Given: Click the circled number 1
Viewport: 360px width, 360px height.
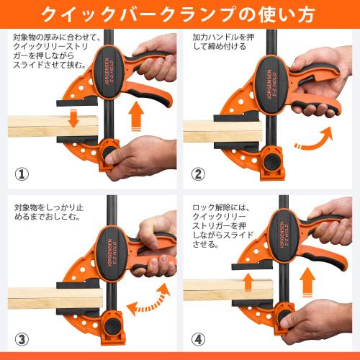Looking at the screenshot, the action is click(22, 174).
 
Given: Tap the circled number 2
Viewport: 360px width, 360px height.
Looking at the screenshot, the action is click(198, 174).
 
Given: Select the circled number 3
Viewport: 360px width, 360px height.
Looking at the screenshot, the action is click(22, 339).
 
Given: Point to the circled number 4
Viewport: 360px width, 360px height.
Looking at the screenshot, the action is click(198, 339).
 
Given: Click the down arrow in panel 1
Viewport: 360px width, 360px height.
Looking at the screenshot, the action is click(73, 118).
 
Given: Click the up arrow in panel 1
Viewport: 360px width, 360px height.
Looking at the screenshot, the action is click(136, 117).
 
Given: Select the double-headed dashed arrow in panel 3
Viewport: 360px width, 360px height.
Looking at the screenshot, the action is click(149, 300).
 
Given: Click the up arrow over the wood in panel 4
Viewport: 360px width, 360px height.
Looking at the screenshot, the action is click(248, 282).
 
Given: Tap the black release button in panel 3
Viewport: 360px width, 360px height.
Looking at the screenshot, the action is click(112, 328).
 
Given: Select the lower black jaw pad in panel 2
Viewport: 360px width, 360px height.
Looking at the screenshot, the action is click(236, 145).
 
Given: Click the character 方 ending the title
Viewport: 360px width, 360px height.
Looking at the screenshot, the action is click(303, 15).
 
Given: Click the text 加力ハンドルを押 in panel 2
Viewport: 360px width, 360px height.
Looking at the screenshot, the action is click(223, 37).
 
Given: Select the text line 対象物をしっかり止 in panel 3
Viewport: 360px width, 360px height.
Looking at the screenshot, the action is click(49, 207).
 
